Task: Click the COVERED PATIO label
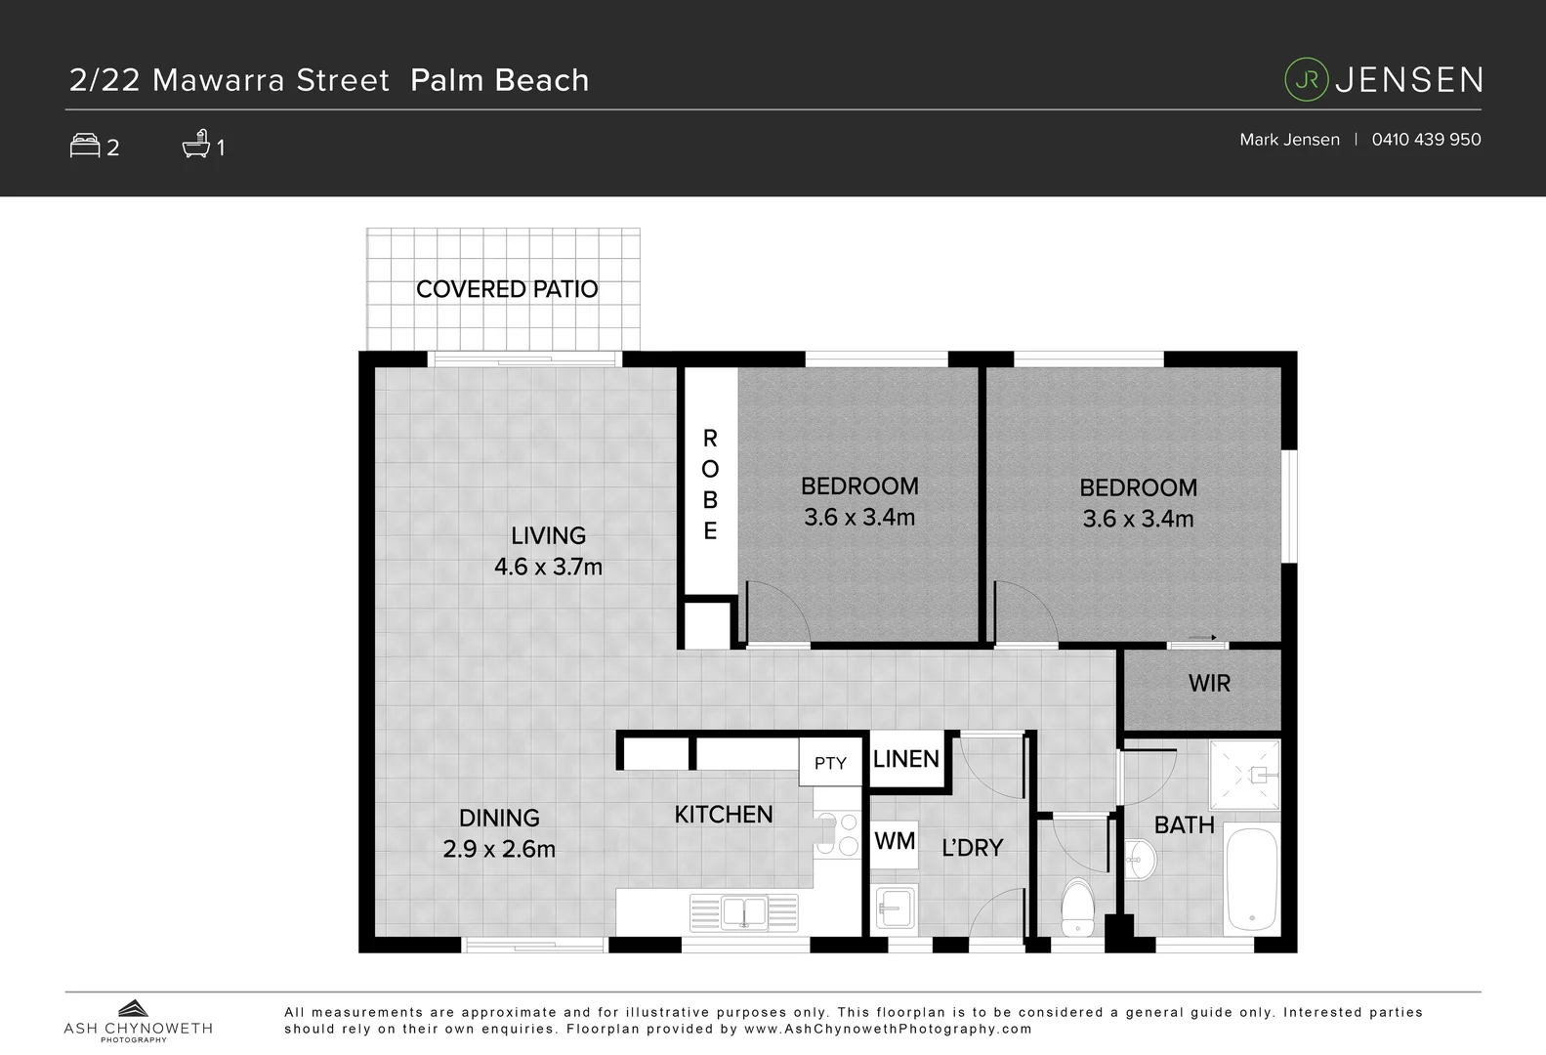[x=506, y=289]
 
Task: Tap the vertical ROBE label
[x=710, y=485]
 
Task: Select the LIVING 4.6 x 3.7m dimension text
[x=548, y=567]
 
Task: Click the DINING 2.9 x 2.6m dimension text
[x=499, y=848]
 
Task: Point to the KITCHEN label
[x=723, y=814]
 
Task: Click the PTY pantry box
[x=830, y=763]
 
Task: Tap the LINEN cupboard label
[x=905, y=759]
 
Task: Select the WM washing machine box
[x=895, y=841]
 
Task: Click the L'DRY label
[x=972, y=848]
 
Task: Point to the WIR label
[x=1209, y=683]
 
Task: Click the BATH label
[x=1184, y=824]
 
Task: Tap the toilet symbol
[x=1077, y=907]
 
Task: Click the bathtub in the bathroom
[x=1251, y=879]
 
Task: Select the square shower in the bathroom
[x=1244, y=775]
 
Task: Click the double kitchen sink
[x=744, y=913]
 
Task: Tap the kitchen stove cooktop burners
[x=836, y=834]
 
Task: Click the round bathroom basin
[x=1140, y=860]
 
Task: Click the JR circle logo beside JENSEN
[x=1307, y=80]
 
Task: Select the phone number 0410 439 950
[x=1426, y=140]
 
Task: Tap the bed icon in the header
[x=85, y=146]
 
